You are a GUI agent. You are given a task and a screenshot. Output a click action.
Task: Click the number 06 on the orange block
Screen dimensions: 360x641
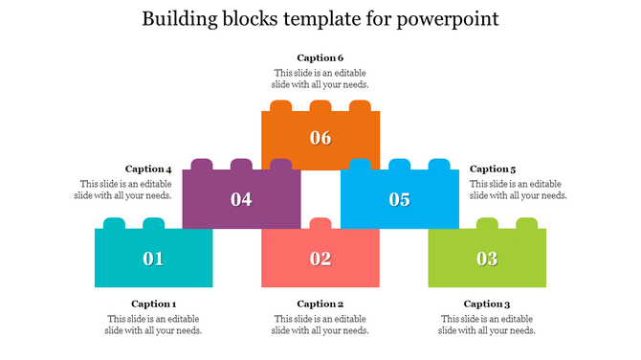pos(320,138)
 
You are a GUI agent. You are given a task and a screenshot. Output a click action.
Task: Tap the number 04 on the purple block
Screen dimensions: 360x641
pos(241,199)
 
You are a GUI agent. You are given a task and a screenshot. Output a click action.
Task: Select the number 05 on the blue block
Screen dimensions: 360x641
pos(399,199)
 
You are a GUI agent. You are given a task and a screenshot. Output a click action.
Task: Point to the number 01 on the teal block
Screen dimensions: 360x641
pos(153,259)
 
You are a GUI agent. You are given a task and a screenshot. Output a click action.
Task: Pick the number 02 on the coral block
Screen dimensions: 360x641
pos(320,259)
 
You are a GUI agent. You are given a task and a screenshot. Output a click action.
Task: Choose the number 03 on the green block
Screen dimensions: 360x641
pos(487,259)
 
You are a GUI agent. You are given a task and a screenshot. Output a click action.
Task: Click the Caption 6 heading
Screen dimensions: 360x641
pos(320,58)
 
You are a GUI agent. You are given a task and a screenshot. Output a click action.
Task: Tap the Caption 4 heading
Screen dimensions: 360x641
pos(148,169)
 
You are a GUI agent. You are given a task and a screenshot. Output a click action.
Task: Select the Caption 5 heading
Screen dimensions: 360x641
pos(493,169)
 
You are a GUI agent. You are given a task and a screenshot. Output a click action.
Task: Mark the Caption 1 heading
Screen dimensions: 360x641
pos(154,304)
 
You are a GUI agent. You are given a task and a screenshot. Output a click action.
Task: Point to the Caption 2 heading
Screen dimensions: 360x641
pos(320,304)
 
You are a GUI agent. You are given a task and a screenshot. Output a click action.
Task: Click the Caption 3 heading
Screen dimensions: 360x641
pos(487,304)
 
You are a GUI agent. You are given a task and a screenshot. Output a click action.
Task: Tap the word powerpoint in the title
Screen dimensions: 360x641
pos(449,19)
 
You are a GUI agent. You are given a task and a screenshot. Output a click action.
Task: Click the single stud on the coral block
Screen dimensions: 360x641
pos(320,223)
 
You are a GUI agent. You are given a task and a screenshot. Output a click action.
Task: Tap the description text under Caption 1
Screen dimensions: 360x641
pos(154,325)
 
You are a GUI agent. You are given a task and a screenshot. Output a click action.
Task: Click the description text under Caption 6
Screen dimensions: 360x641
pos(320,79)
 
